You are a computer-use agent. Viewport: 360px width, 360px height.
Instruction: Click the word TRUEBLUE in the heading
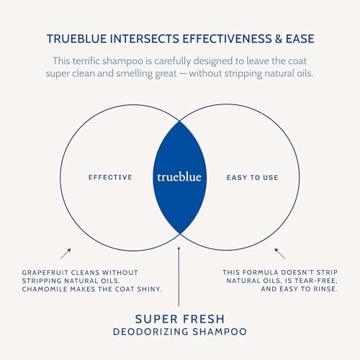point(76,39)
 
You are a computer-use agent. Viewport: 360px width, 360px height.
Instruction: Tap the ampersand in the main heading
point(279,39)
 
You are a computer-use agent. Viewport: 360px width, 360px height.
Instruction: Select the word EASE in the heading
point(300,39)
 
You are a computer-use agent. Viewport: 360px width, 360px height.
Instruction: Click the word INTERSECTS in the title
point(145,39)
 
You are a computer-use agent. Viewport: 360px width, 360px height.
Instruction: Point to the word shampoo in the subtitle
point(122,61)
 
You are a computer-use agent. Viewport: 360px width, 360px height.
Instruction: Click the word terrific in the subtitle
point(86,60)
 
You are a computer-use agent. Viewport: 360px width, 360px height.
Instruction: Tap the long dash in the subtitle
point(183,73)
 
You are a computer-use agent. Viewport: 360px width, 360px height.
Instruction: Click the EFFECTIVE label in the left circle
point(110,177)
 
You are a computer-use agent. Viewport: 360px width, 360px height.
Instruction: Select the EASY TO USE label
point(253,178)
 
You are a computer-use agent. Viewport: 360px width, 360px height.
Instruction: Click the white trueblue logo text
point(179,177)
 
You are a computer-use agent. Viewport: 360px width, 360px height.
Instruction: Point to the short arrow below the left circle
point(66,253)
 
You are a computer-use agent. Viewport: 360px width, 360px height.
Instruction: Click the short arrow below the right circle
point(280,253)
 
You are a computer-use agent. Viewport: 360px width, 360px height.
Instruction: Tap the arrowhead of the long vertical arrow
point(179,248)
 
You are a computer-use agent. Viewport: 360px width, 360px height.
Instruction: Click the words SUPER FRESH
point(180,319)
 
